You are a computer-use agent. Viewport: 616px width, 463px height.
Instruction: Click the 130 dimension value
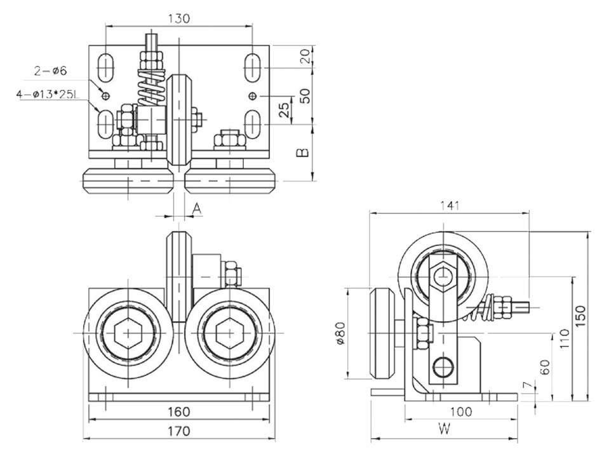[178, 18]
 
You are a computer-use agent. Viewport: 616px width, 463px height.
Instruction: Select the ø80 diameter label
[340, 333]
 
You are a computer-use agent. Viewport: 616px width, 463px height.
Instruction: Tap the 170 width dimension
[178, 431]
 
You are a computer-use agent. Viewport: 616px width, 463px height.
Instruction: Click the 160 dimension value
[178, 411]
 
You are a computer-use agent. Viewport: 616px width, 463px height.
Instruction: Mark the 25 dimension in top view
[285, 109]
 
